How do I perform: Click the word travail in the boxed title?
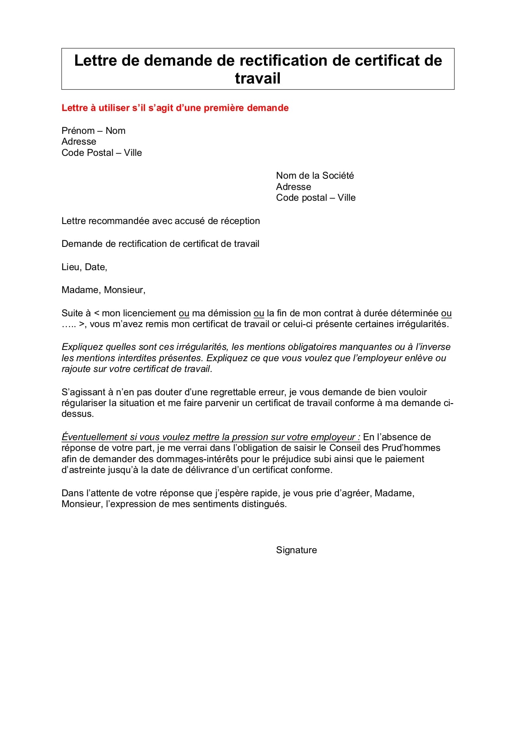coord(258,79)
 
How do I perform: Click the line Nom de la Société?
coord(315,176)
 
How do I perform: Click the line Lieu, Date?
coord(84,267)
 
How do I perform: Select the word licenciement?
coord(138,313)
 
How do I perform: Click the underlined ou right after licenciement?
coord(184,314)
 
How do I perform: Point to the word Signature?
coord(296,550)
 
